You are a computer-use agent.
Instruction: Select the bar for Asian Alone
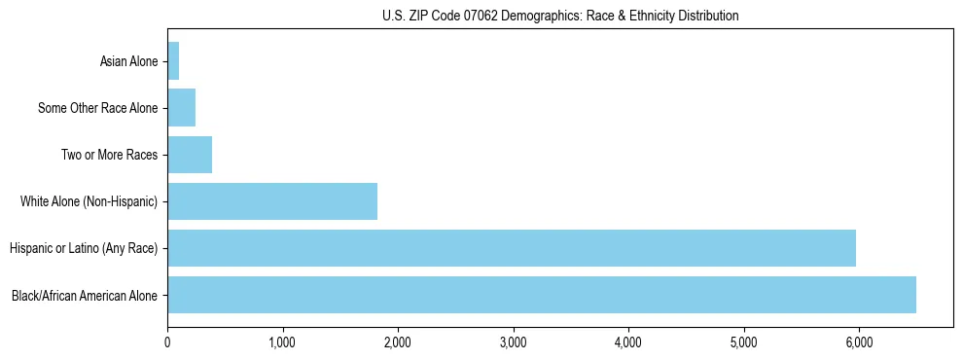click(x=173, y=61)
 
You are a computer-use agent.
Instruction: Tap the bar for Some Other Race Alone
click(x=182, y=108)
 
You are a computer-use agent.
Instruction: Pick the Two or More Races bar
click(x=190, y=155)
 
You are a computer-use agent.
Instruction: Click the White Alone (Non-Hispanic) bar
click(x=272, y=201)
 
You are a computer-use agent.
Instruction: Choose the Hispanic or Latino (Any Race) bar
click(x=512, y=248)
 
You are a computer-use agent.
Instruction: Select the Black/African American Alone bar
click(x=542, y=295)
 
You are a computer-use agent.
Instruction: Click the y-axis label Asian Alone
click(x=128, y=62)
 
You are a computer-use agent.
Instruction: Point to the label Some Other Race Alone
click(x=97, y=109)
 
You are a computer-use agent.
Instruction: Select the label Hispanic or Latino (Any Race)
click(x=84, y=249)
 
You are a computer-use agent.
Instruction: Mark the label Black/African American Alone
click(x=85, y=296)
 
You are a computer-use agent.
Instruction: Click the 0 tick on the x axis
click(x=167, y=342)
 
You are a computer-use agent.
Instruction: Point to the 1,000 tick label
click(x=282, y=342)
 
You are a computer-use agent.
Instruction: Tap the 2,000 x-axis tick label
click(x=398, y=342)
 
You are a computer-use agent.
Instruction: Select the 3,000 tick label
click(x=513, y=342)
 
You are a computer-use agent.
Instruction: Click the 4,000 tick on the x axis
click(x=628, y=342)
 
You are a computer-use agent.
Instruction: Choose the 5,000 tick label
click(x=743, y=342)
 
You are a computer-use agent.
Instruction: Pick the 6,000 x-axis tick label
click(x=859, y=342)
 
